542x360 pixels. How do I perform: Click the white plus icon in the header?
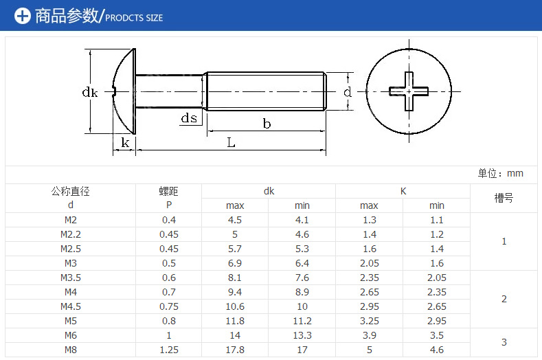pos(23,16)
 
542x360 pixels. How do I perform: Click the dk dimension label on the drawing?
pos(90,92)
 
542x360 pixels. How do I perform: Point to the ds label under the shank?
pos(189,118)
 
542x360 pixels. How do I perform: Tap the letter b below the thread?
pos(267,124)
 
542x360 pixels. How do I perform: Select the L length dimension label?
pos(231,142)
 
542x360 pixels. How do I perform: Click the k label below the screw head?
pos(125,142)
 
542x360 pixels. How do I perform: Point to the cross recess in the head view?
pos(409,91)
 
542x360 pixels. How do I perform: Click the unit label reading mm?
pos(515,173)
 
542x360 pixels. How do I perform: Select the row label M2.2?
pos(71,234)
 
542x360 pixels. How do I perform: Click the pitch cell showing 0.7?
pos(169,292)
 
